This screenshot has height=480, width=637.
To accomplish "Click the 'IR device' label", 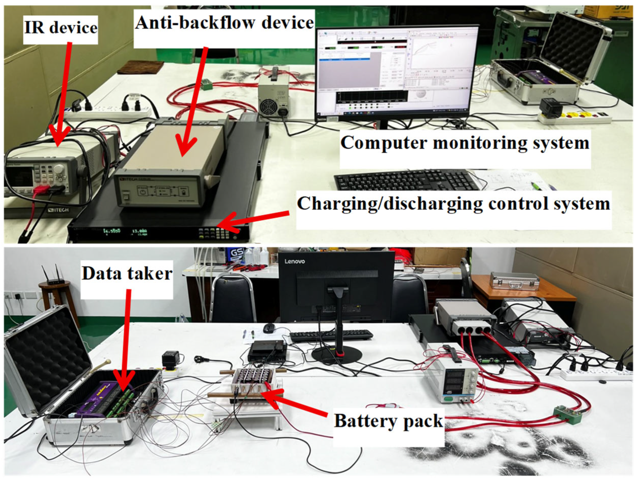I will point(61,28).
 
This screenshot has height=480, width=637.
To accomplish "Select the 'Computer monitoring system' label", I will point(465,143).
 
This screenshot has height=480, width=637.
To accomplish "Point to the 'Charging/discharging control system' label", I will point(453,204).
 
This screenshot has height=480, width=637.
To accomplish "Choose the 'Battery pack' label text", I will point(388,421).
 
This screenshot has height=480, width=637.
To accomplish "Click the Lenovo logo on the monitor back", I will point(294,261).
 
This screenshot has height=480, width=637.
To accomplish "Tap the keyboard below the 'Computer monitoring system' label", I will point(403,179).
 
